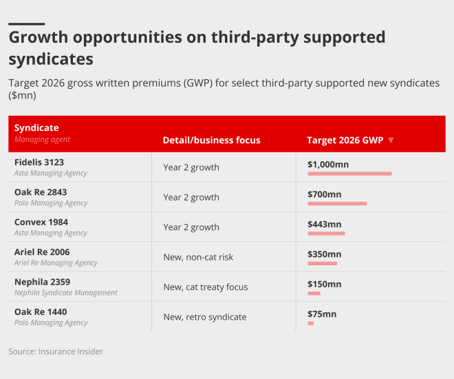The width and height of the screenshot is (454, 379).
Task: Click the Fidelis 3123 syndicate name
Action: coord(39,162)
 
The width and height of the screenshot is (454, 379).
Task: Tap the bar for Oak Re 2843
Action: coord(337,203)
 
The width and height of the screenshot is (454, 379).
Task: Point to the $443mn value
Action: coord(325,224)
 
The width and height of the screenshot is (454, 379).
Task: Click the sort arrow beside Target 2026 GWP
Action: coord(391,140)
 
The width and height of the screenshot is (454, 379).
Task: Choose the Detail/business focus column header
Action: coord(211,140)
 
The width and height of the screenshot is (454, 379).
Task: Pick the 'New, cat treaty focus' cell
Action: coord(205,287)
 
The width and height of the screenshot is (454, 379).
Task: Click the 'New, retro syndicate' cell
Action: coord(204,317)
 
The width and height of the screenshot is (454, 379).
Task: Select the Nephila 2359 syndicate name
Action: coord(42,282)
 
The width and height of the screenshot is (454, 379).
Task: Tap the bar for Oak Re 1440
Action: coord(311,323)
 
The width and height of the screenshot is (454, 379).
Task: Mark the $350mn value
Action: coord(325,254)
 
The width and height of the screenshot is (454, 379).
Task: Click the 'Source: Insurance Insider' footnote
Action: coord(56,351)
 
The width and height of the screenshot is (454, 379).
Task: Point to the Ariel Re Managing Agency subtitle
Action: coord(56,263)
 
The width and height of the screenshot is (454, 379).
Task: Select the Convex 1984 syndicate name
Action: coord(41,222)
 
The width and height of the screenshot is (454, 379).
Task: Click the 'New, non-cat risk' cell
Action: coord(198,257)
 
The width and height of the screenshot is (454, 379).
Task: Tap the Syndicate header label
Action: coord(36,127)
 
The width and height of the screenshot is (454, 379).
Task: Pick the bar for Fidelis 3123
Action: coord(349,174)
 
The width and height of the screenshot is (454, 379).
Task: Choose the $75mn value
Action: coord(322,314)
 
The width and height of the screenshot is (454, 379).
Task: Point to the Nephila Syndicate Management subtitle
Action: coord(66,292)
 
